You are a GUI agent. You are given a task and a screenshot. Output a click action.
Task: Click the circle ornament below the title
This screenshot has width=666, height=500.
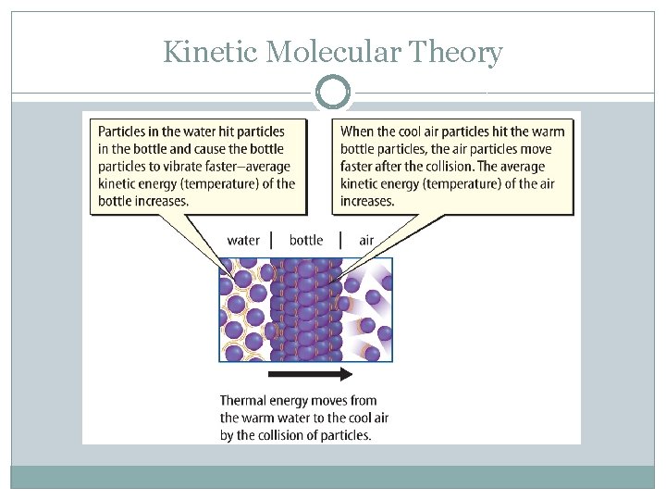(x=333, y=94)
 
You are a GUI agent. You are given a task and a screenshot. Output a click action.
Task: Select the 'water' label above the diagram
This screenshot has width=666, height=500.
(x=243, y=241)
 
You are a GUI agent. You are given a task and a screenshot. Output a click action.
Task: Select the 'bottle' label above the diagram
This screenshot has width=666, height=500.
(x=306, y=241)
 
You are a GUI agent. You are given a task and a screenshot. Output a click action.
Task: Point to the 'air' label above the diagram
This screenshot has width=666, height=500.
(x=366, y=241)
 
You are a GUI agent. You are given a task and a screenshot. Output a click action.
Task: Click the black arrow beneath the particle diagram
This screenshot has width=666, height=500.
(x=311, y=374)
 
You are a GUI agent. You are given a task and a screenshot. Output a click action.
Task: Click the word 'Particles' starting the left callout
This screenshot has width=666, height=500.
(x=125, y=131)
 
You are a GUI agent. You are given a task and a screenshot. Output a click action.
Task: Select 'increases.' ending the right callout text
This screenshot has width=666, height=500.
(x=367, y=201)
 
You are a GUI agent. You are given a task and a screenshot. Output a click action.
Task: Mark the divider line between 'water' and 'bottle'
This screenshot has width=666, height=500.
(x=271, y=241)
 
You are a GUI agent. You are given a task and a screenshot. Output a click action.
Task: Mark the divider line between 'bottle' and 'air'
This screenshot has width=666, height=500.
(x=340, y=241)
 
